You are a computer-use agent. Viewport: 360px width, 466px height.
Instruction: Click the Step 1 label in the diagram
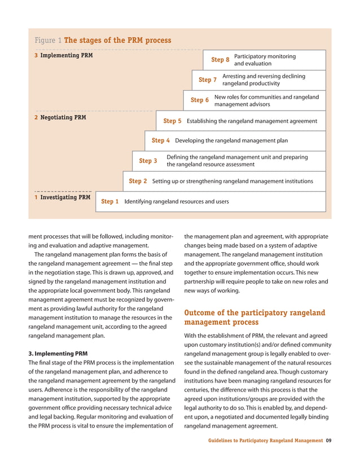click(109, 201)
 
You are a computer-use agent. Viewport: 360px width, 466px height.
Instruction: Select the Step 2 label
click(138, 181)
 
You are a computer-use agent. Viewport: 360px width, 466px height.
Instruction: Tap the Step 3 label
click(148, 161)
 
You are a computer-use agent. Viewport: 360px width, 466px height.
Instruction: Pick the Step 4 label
click(161, 140)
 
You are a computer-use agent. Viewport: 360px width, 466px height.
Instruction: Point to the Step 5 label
click(172, 121)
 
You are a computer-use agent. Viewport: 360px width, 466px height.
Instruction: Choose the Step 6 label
click(200, 100)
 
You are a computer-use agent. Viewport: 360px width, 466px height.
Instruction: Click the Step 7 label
click(208, 80)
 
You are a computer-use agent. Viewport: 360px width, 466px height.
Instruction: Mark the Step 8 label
click(220, 59)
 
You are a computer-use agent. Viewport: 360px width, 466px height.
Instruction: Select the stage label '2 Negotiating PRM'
click(60, 117)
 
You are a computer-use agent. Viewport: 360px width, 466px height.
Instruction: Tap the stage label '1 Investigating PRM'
click(62, 198)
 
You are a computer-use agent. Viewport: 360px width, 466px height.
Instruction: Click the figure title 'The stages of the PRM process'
click(117, 41)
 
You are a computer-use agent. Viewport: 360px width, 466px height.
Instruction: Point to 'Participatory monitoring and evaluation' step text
click(264, 60)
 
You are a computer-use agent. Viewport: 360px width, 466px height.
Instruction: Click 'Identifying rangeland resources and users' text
click(177, 201)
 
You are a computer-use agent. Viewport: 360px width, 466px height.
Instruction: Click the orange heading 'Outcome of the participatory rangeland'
click(254, 313)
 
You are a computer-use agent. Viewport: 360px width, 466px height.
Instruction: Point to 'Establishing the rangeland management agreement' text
click(252, 121)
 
